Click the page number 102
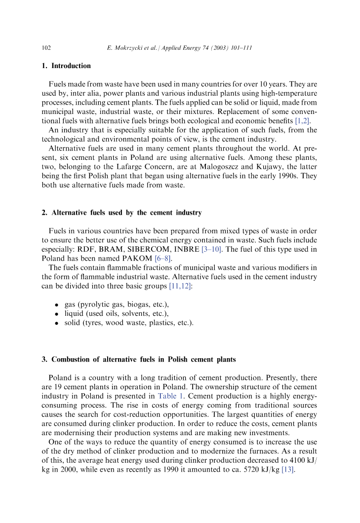click(x=46, y=48)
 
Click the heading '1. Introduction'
click(x=66, y=66)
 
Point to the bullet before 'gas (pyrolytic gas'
click(x=57, y=305)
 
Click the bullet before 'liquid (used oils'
click(x=57, y=314)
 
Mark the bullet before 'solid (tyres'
click(x=57, y=323)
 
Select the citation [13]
click(x=288, y=469)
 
